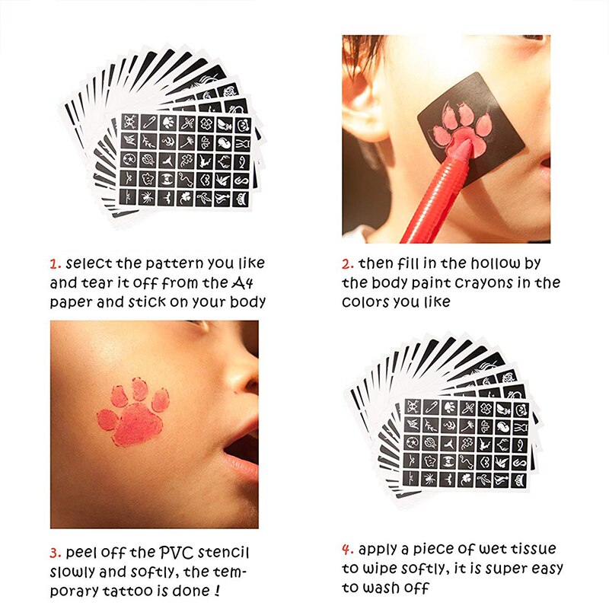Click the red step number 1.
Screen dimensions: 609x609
55,264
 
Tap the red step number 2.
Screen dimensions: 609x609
348,264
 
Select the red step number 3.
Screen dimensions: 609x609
56,553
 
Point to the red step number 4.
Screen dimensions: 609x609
348,550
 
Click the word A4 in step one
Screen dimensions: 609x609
243,282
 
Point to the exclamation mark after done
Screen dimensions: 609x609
217,591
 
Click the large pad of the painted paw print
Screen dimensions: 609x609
138,425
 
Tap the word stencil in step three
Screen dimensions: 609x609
223,553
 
